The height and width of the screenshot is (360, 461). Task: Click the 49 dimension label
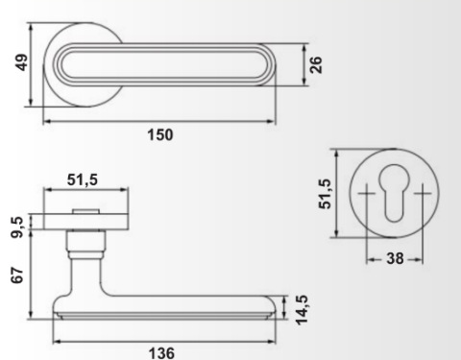pos(22,62)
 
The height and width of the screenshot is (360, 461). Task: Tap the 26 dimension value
pos(316,65)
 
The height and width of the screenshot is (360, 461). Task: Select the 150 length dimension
pos(160,134)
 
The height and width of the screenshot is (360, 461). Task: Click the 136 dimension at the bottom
pos(161,353)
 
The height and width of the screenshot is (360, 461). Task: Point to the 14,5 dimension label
pos(302,310)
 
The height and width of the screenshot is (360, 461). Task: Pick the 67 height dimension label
pos(17,275)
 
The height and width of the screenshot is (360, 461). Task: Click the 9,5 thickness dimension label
pos(17,228)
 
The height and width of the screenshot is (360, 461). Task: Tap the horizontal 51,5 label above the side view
pos(83,180)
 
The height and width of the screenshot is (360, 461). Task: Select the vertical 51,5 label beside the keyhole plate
pos(325,194)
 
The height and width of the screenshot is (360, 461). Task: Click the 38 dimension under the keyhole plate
pos(395,258)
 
